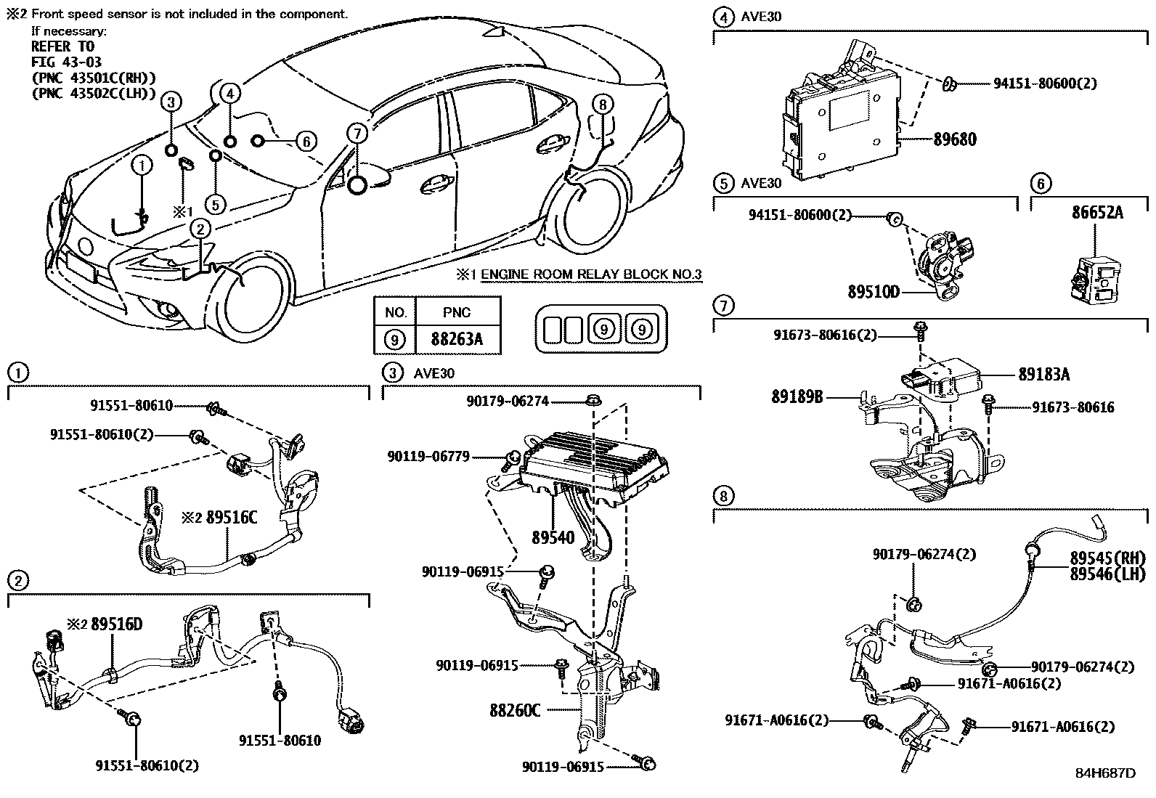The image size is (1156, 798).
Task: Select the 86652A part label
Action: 1097,213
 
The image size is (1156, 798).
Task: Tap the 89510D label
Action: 874,292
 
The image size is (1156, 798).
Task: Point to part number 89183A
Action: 1043,375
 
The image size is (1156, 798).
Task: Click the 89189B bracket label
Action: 797,397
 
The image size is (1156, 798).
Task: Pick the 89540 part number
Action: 553,538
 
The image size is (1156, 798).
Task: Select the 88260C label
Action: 515,709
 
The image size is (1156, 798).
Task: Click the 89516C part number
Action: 232,518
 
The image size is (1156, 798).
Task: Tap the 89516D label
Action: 117,624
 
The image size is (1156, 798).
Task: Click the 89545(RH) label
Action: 1107,558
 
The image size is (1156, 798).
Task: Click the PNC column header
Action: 457,312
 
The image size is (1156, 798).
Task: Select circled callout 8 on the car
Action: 602,105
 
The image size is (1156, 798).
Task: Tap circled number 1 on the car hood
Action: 142,166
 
